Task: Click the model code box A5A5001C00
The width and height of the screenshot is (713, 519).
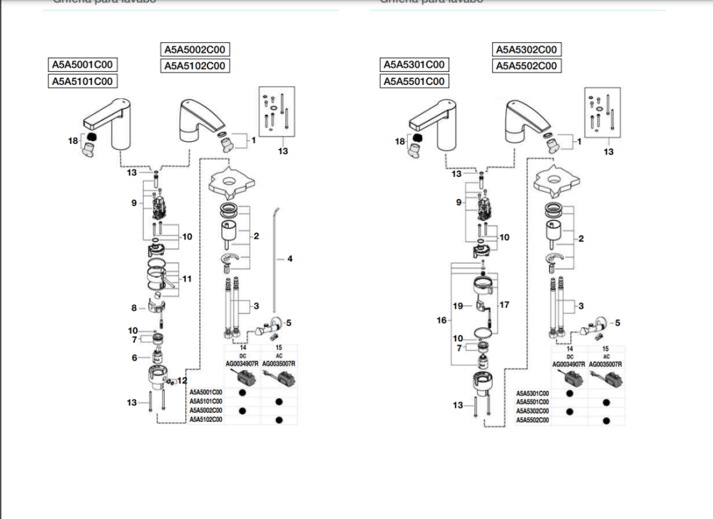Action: (83, 65)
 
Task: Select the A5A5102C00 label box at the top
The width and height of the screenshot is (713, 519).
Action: (195, 66)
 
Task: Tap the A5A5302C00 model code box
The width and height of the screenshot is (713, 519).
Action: (525, 50)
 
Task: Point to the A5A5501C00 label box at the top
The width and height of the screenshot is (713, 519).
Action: (414, 81)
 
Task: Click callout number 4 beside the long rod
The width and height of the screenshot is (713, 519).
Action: (289, 259)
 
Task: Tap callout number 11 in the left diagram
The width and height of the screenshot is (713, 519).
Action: (186, 279)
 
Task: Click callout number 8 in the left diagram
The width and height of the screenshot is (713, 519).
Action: (133, 308)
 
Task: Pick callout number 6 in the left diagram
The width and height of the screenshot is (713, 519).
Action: (133, 357)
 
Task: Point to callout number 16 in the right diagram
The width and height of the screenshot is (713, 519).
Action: (442, 321)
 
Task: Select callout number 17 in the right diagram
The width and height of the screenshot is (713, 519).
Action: (506, 305)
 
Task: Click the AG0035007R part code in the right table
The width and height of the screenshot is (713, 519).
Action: (605, 364)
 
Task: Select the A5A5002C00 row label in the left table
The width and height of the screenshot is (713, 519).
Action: (205, 411)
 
